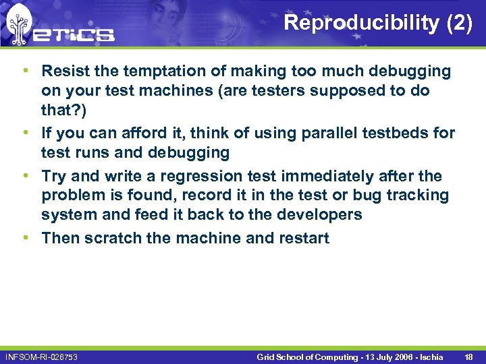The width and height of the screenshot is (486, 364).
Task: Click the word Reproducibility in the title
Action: (361, 23)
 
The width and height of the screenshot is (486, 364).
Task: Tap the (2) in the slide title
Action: (459, 23)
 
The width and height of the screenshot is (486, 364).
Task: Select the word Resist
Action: (63, 71)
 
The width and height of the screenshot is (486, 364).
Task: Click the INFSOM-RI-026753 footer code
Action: (41, 356)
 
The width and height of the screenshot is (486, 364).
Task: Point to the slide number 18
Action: (468, 356)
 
